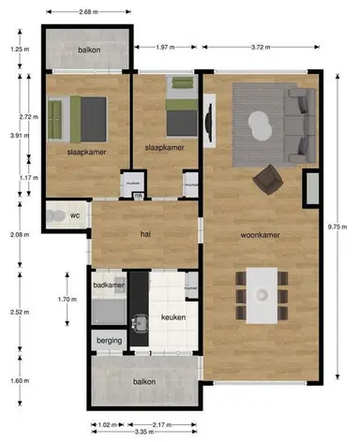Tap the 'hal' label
145,234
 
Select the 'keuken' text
173,317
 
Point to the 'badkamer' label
109,284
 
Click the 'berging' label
109,342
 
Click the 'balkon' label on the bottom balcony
143,381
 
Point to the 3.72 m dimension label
264,45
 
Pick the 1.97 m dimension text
165,45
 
